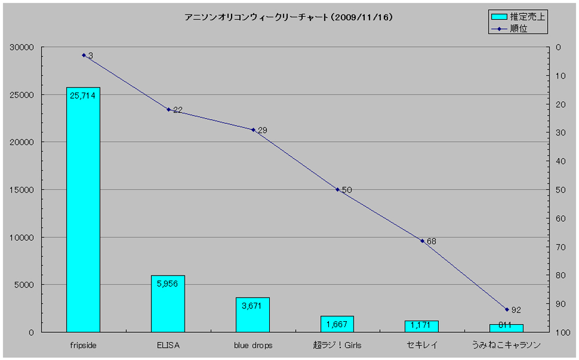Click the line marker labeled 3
83,55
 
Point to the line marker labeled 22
168,109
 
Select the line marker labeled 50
337,189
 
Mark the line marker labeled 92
507,310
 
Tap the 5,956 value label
168,284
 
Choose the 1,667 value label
337,324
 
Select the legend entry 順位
518,28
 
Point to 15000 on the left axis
23,190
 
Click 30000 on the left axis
23,47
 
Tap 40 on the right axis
560,161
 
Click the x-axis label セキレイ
422,346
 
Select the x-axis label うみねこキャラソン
507,346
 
